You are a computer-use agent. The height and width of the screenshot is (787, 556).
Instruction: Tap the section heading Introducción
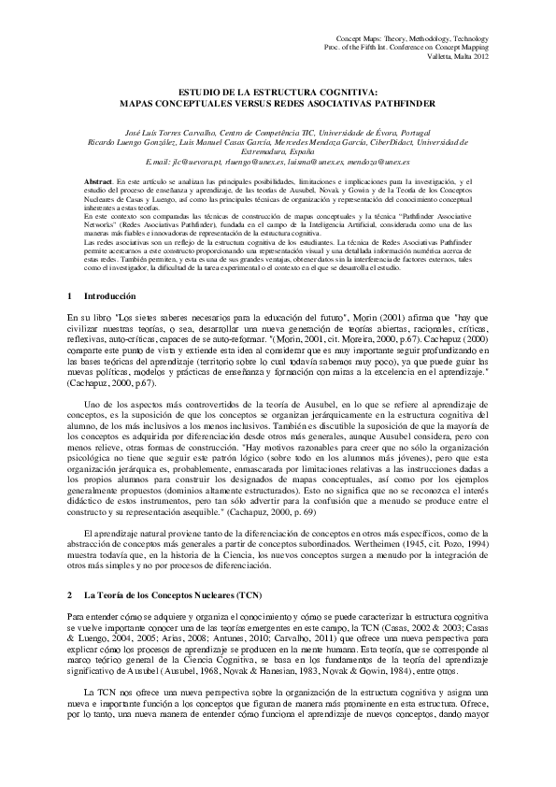tap(97, 295)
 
